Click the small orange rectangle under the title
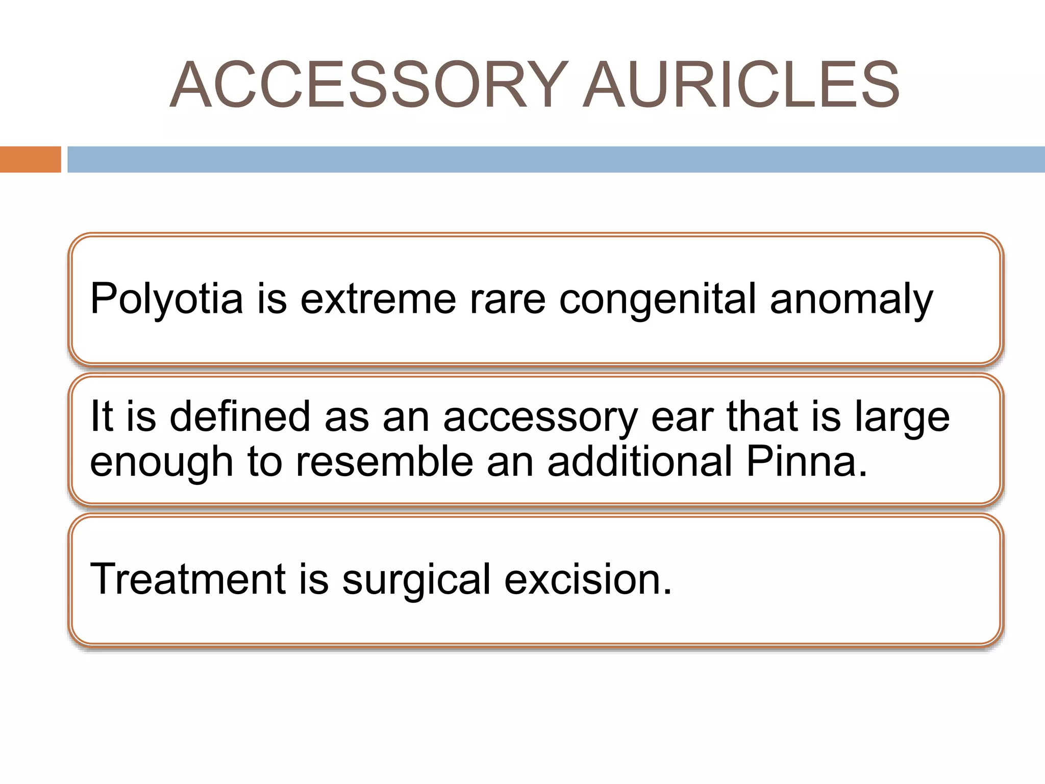coord(30,159)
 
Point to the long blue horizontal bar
coord(556,159)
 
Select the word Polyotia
coord(166,300)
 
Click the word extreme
coord(378,300)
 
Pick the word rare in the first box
coord(507,300)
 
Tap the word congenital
coord(658,300)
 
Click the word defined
coord(240,416)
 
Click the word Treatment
coord(187,579)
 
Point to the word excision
coord(587,580)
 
